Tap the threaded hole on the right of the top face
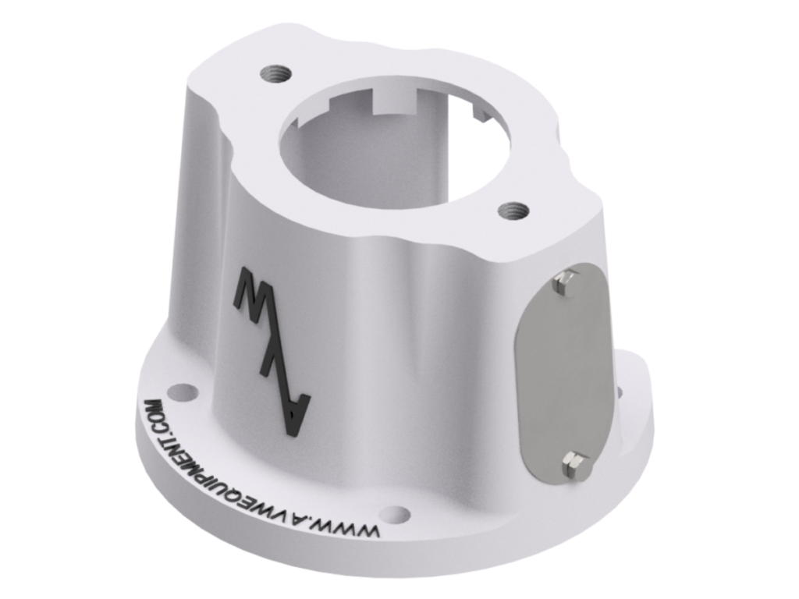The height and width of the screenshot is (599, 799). click(514, 210)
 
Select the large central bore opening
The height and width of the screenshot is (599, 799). click(390, 152)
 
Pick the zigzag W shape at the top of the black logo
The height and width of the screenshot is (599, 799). click(253, 292)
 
